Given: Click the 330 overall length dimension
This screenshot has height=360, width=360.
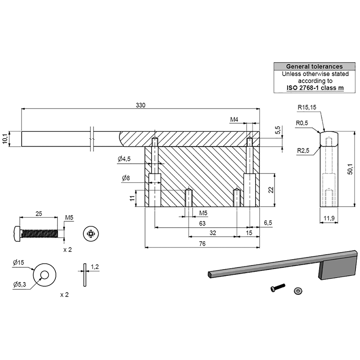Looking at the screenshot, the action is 140,105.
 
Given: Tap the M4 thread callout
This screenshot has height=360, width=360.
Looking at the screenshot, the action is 234,119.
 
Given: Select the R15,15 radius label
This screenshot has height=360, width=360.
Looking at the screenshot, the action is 307,107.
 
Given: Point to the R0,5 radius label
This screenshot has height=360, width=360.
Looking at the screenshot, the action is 301,123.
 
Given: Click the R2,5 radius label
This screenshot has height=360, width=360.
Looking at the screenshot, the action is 303,151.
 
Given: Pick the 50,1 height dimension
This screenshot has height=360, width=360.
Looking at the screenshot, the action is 351,169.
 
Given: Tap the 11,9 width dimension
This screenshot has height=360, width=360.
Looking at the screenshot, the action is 329,218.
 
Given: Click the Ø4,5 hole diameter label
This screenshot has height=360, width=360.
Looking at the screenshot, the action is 124,159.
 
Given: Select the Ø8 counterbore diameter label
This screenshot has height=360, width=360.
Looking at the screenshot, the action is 126,178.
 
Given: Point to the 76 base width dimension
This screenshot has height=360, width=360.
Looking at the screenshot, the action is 202,243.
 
